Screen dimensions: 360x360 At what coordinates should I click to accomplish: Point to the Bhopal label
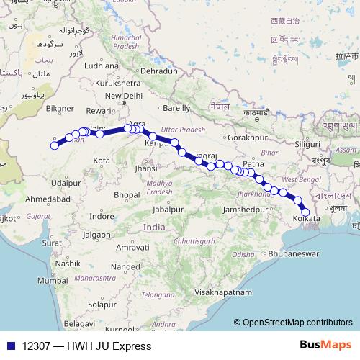[125, 194]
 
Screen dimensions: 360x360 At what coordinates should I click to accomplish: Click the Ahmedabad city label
[47, 198]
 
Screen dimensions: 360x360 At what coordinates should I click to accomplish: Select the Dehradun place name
[158, 72]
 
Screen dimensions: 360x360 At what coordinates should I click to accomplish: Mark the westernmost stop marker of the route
[54, 145]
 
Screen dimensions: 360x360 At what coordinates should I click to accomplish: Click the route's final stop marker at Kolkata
[305, 211]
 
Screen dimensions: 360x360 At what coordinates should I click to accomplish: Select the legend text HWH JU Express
[109, 346]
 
